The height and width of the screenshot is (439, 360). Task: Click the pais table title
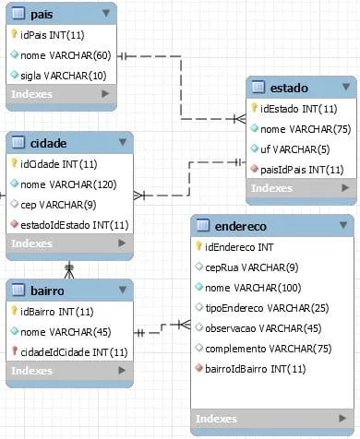(42, 14)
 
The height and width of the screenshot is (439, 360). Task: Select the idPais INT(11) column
(53, 35)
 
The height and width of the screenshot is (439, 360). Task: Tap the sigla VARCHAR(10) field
(64, 76)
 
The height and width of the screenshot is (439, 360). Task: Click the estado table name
(289, 88)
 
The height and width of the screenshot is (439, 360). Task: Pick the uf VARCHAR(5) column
(295, 149)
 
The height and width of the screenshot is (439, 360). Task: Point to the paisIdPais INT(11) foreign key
(302, 170)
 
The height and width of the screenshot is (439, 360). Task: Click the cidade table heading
(48, 143)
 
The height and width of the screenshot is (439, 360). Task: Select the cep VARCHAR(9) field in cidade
(58, 205)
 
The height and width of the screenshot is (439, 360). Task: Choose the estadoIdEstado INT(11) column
(75, 225)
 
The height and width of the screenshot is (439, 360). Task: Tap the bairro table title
(47, 291)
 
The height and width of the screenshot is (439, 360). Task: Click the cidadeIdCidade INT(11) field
(74, 352)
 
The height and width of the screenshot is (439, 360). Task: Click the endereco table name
(241, 227)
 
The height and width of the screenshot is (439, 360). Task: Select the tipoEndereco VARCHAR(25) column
(267, 308)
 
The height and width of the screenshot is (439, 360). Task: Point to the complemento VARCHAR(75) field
(269, 349)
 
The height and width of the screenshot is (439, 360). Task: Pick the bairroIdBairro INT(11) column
(256, 369)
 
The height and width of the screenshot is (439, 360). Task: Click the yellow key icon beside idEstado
(254, 108)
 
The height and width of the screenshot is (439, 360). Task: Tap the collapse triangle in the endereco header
(343, 225)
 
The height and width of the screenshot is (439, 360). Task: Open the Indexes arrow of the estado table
(345, 187)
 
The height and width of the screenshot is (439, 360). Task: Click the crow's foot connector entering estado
(240, 119)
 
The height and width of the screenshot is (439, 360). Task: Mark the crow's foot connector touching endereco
(185, 325)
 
